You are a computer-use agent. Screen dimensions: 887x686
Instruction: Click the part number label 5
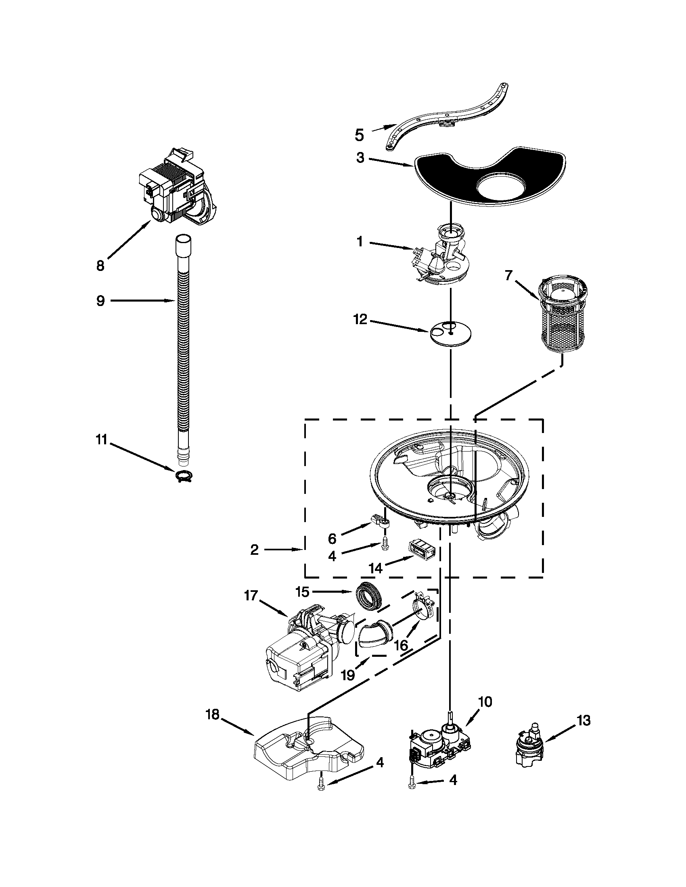(359, 135)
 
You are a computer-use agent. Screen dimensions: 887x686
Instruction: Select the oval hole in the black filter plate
(502, 188)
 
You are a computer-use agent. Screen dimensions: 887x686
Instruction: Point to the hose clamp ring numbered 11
(184, 476)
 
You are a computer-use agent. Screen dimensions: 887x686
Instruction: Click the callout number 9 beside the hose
(100, 301)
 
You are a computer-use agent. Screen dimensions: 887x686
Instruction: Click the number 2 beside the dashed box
(254, 550)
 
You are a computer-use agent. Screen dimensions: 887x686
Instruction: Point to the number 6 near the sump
(332, 539)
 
